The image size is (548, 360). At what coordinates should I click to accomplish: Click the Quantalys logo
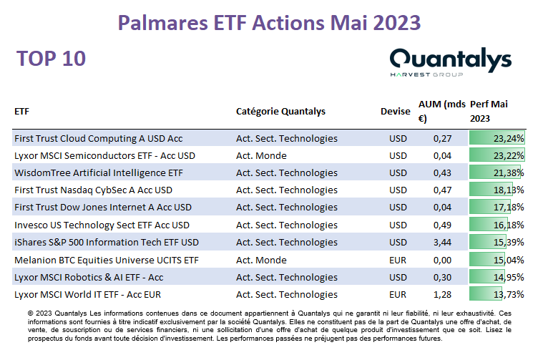(x=451, y=62)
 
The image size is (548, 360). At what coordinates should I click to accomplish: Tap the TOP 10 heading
(x=51, y=59)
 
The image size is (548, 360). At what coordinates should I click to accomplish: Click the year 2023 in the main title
(x=396, y=23)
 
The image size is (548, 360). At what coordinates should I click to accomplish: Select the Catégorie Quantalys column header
(x=280, y=112)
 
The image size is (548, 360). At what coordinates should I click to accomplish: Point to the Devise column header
(x=396, y=112)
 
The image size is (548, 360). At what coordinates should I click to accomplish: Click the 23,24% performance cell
(x=496, y=138)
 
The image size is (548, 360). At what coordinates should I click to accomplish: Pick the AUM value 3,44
(x=442, y=242)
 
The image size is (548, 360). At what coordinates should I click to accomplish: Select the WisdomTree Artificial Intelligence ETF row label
(x=99, y=173)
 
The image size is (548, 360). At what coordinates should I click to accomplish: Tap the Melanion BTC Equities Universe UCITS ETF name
(x=107, y=261)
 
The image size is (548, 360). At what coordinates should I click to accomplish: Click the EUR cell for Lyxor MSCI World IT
(x=398, y=295)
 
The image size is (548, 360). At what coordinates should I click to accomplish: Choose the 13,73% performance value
(x=509, y=295)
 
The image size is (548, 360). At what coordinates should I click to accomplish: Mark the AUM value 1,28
(x=442, y=295)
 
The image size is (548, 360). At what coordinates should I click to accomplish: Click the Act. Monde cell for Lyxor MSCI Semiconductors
(x=261, y=155)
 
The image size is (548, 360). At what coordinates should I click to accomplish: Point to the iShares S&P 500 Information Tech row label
(x=107, y=242)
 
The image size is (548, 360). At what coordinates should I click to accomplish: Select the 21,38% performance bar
(x=495, y=172)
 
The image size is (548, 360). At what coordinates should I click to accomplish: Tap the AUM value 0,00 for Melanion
(x=442, y=261)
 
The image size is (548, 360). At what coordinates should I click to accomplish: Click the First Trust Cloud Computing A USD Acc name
(x=98, y=138)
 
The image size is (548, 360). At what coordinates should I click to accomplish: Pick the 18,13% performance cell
(x=496, y=190)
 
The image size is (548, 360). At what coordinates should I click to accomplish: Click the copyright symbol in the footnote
(x=31, y=313)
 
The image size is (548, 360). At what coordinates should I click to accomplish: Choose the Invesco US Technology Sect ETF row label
(x=102, y=225)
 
